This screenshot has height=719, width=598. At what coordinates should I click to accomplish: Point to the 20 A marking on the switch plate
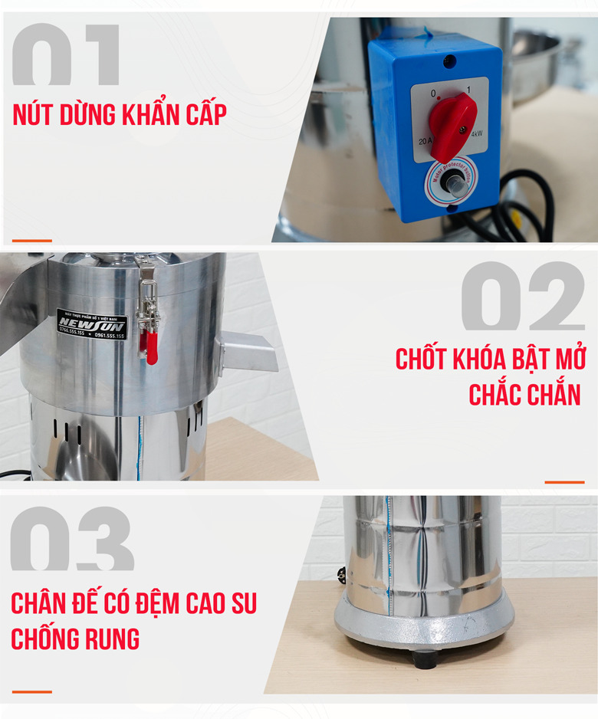(x=425, y=143)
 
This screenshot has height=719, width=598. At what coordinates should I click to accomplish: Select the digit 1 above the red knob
(x=468, y=90)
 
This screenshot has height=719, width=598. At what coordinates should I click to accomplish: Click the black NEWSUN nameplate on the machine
(x=91, y=325)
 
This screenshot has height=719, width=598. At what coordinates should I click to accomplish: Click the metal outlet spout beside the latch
(x=247, y=352)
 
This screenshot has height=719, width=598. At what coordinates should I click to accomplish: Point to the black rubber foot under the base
(x=424, y=658)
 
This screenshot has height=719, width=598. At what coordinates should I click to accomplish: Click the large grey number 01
(x=66, y=55)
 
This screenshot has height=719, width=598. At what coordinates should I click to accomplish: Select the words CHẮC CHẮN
(x=524, y=395)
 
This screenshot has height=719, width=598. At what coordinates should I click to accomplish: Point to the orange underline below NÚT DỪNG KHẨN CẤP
(x=31, y=241)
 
